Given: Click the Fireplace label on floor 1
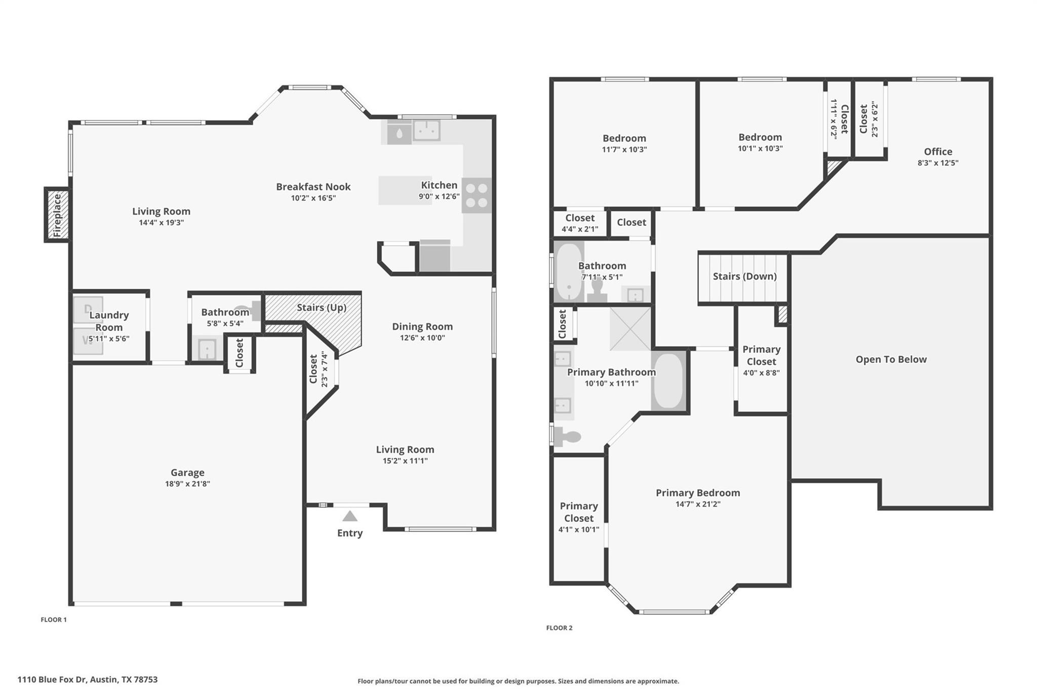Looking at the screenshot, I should click(x=57, y=215).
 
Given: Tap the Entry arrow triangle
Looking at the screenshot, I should click(x=350, y=516).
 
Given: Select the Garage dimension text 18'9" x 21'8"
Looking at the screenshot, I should click(x=187, y=484).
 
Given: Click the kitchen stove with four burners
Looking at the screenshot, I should click(x=476, y=195).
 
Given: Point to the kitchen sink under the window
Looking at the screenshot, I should click(x=426, y=130).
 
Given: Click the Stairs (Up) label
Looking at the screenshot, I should click(x=322, y=308).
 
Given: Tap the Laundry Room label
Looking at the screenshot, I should click(x=109, y=321).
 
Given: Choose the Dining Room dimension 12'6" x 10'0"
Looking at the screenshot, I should click(x=422, y=338).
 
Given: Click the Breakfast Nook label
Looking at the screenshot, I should click(x=313, y=186).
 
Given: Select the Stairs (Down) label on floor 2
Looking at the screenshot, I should click(x=744, y=276).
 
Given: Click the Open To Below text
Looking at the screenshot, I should click(x=891, y=359).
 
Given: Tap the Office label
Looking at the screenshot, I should click(x=938, y=151).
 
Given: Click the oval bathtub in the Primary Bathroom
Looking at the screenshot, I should click(x=668, y=380).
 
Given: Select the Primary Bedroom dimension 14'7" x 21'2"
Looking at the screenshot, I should click(x=698, y=504).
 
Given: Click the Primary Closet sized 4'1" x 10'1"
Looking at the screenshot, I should click(x=579, y=517).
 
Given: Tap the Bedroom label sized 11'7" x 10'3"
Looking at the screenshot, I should click(x=624, y=138).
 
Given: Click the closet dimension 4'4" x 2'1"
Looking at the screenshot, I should click(x=580, y=229).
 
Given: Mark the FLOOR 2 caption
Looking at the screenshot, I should click(x=559, y=628).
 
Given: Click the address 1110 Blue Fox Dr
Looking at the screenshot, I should click(x=87, y=679).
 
